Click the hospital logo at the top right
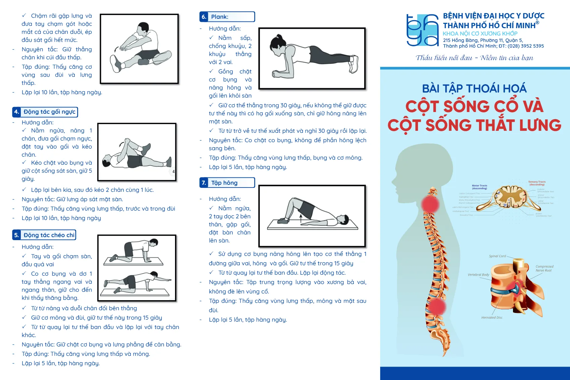422,30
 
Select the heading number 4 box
16,112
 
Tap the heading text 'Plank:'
220,17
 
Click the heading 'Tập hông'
224,183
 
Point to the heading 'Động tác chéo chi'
49,235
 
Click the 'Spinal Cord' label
497,256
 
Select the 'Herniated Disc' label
492,318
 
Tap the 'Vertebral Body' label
478,275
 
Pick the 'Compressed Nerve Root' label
544,268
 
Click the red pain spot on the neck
430,204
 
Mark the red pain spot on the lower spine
436,306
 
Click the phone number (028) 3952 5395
525,46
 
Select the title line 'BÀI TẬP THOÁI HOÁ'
474,89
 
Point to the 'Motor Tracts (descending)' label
479,187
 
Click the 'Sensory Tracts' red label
537,183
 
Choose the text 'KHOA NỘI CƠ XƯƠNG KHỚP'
480,34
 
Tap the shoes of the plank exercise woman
354,64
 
